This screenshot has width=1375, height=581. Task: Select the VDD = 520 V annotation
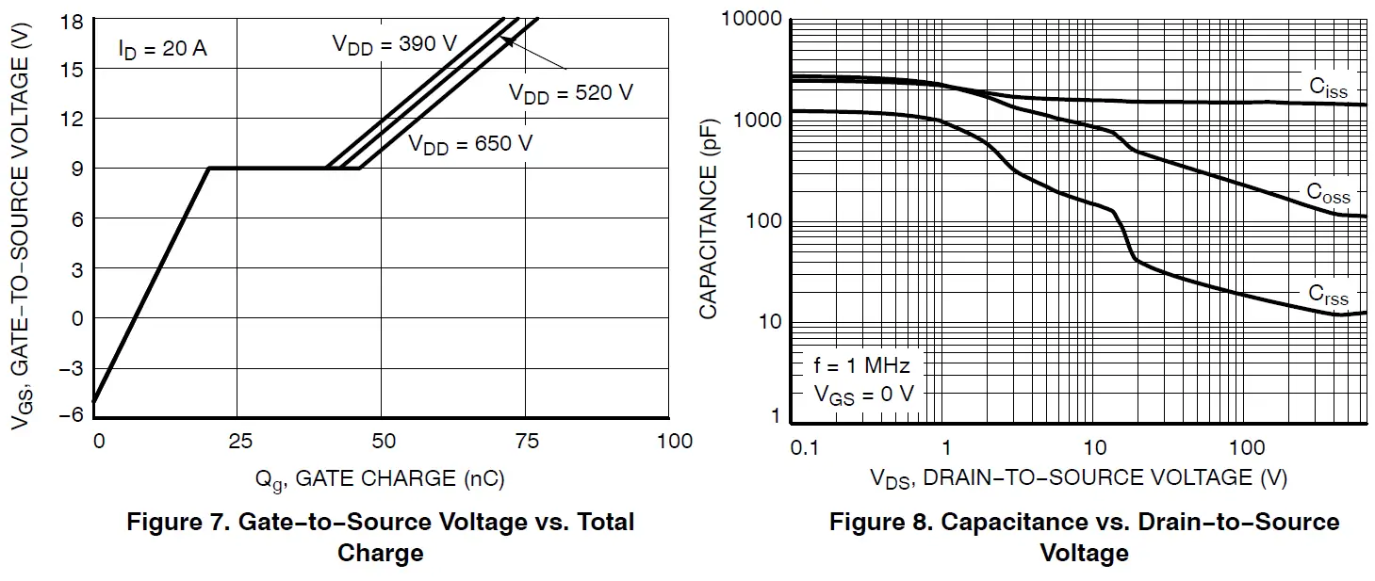(571, 93)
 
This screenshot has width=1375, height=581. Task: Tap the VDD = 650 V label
(470, 144)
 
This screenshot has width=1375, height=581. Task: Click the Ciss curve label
(1328, 89)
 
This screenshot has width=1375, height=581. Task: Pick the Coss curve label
(1328, 193)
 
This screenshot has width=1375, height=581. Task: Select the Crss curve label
(1328, 294)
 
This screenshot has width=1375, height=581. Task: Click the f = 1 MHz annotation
(861, 365)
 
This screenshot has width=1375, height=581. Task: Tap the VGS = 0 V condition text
(863, 395)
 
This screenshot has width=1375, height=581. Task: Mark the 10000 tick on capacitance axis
(751, 19)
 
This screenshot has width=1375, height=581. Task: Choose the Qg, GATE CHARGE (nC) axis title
(380, 479)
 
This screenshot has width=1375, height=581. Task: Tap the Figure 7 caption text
(380, 536)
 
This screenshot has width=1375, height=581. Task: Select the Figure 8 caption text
(1084, 536)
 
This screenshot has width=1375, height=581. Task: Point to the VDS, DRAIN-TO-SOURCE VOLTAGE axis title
(1078, 478)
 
